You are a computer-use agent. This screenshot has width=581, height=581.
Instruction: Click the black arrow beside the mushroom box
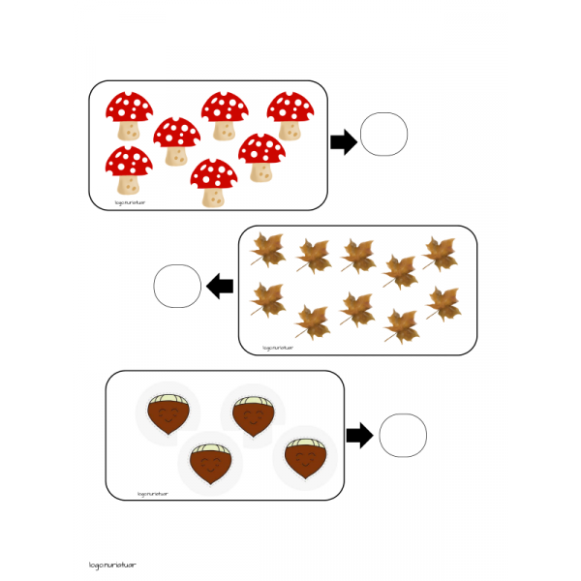click(x=343, y=142)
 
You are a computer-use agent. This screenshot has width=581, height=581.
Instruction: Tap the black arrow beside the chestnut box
click(x=359, y=436)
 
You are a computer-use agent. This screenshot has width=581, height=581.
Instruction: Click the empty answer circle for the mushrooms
click(x=384, y=134)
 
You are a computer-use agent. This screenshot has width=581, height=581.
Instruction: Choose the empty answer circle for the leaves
click(x=177, y=287)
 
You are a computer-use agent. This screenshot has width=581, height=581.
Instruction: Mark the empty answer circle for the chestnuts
click(x=403, y=435)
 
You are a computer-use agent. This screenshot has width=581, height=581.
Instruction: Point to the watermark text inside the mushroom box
click(x=129, y=203)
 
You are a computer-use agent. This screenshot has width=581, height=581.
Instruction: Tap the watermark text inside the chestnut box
click(x=152, y=493)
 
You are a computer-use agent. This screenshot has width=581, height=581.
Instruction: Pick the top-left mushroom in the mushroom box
click(x=129, y=115)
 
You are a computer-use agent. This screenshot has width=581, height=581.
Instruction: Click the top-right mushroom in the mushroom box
click(x=290, y=115)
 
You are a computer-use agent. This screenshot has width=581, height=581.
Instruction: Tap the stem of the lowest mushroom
click(x=214, y=196)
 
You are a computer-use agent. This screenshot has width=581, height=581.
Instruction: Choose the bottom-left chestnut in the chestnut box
click(x=209, y=463)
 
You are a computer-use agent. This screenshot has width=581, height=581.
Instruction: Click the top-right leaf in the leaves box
click(x=441, y=252)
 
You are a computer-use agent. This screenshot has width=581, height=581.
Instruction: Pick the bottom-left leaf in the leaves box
click(x=267, y=299)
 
